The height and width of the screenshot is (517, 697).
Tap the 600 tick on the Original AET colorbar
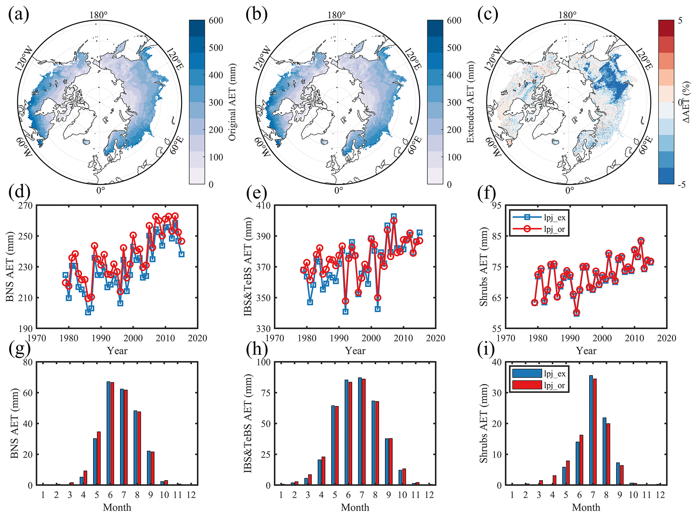[216, 21]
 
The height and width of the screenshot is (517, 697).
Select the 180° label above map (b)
[336, 15]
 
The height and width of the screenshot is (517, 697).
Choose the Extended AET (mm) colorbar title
[470, 102]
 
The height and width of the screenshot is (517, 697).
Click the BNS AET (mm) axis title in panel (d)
[10, 267]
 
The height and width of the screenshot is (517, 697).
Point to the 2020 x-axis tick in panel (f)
[667, 338]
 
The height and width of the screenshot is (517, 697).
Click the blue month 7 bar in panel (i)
[591, 430]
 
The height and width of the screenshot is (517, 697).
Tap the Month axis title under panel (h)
[355, 507]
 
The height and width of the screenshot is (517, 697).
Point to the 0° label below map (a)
[100, 190]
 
